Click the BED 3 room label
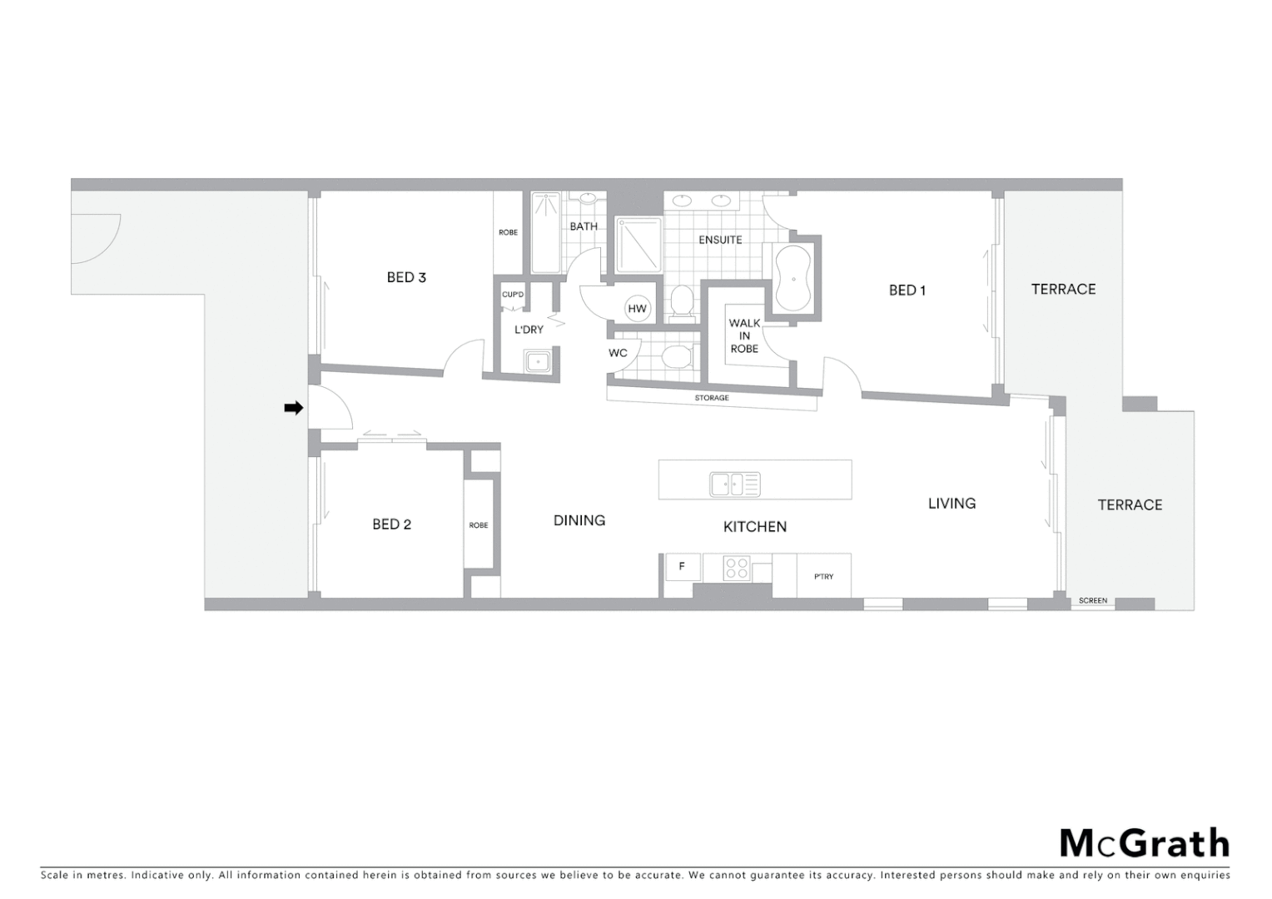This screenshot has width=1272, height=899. (x=406, y=277)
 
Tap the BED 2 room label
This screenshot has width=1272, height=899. (x=391, y=524)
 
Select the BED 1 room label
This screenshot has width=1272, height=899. (x=907, y=291)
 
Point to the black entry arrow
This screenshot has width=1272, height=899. (x=293, y=408)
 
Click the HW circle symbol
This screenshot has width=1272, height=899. (x=637, y=309)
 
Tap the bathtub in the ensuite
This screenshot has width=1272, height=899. (x=793, y=280)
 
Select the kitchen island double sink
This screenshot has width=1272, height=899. (x=734, y=484)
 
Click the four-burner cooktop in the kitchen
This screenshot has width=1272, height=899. (x=736, y=568)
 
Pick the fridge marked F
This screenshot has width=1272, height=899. (x=682, y=567)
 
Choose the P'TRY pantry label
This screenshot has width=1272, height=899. (x=823, y=576)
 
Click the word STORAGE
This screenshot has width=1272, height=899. (x=712, y=398)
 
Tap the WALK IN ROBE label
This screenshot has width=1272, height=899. (x=744, y=335)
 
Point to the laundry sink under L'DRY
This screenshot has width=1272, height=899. (x=537, y=361)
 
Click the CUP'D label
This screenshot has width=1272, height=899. (x=513, y=295)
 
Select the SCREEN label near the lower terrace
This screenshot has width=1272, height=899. (x=1092, y=600)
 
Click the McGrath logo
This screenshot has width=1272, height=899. (x=1144, y=843)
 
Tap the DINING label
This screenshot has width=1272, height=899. (x=579, y=520)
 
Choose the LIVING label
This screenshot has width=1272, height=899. (x=952, y=504)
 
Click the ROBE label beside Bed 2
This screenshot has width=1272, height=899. (x=479, y=525)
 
